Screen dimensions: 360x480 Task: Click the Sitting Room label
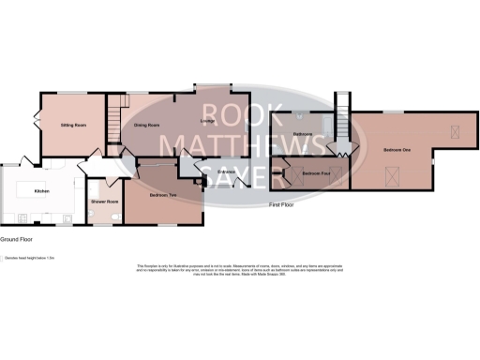74,125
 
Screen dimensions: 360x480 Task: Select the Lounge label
210,122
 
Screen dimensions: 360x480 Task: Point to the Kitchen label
41,191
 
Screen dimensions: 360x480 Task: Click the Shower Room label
104,202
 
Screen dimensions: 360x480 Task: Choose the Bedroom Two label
163,195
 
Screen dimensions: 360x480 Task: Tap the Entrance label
226,172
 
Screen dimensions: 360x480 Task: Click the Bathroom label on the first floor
302,135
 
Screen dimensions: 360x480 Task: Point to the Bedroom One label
397,150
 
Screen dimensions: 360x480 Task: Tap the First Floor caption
282,203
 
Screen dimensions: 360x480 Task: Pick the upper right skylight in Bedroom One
457,130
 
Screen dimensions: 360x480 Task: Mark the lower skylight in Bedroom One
392,172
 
